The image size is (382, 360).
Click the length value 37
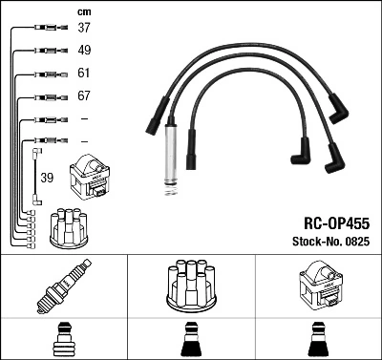click(x=85, y=28)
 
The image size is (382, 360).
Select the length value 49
click(x=85, y=51)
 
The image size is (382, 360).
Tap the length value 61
click(x=85, y=74)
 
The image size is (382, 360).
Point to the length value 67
click(x=85, y=96)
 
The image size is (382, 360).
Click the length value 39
click(x=46, y=177)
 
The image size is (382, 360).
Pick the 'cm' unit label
click(x=84, y=11)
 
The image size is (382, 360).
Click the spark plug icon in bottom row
click(x=63, y=286)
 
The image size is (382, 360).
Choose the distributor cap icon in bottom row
click(x=190, y=284)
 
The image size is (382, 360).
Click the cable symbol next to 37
click(x=45, y=28)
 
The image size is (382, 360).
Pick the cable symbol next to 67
click(x=45, y=96)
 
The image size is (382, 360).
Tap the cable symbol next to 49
click(x=45, y=51)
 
